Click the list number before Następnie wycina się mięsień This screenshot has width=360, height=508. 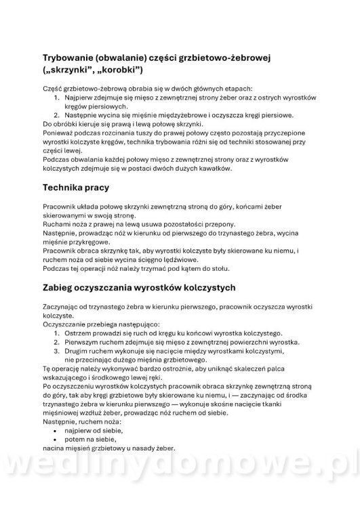point(57,115)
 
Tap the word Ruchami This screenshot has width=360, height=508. point(57,224)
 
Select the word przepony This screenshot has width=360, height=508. point(220,224)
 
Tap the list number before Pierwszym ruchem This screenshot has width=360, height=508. point(57,343)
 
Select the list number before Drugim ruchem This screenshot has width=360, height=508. point(57,352)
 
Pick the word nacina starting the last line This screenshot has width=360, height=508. point(55,448)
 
